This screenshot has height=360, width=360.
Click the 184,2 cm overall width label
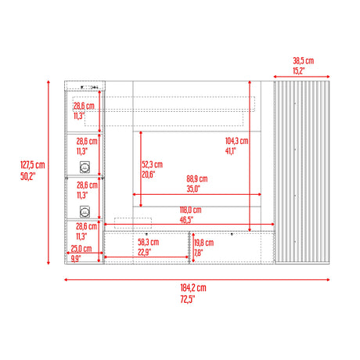click(x=193, y=288)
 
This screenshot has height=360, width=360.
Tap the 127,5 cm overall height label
click(x=33, y=165)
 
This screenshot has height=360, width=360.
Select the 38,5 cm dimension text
click(x=304, y=61)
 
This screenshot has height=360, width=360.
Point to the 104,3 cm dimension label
click(x=237, y=141)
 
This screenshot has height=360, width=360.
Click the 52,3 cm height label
click(x=153, y=164)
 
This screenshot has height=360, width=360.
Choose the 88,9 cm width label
click(x=197, y=178)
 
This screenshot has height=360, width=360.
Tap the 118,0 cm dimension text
click(x=190, y=210)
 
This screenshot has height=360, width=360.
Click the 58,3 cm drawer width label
click(x=148, y=242)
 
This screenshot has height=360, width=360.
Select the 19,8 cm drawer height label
click(x=204, y=243)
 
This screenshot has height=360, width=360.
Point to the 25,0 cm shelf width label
click(x=81, y=249)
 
